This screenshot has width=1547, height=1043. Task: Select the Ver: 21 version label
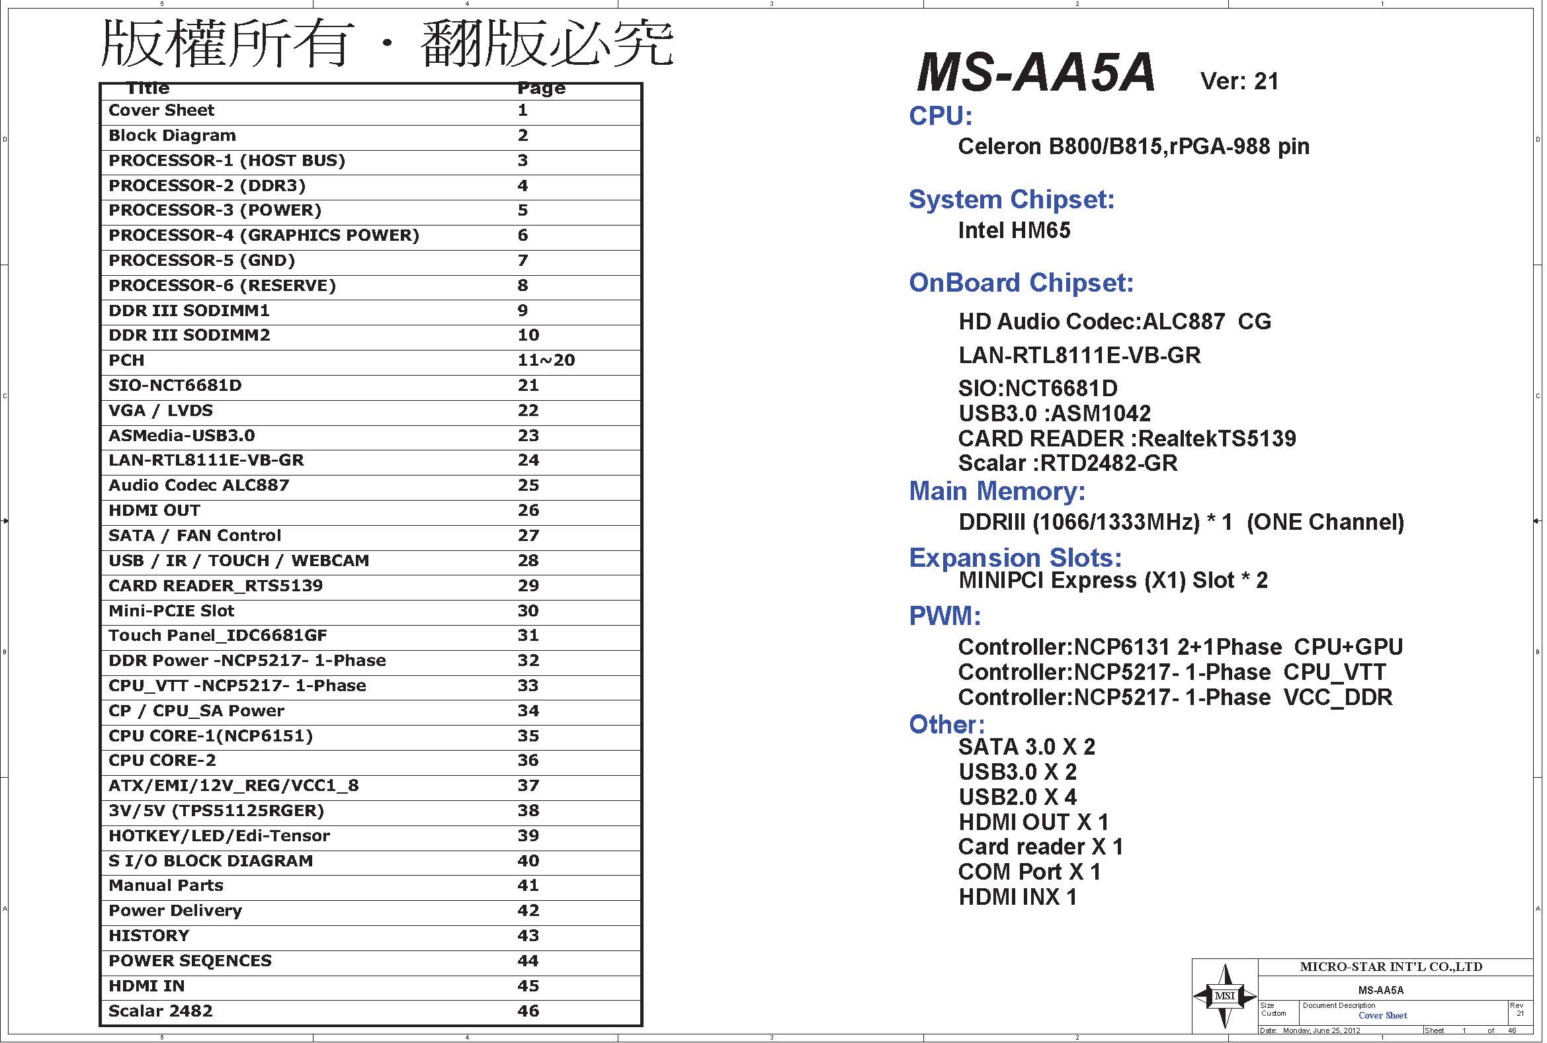pyautogui.click(x=1239, y=81)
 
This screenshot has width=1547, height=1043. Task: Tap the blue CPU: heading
pyautogui.click(x=941, y=116)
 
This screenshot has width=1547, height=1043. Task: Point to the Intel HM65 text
pyautogui.click(x=1014, y=230)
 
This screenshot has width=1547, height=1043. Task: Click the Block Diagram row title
pyautogui.click(x=171, y=136)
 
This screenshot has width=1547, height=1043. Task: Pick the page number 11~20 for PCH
pyautogui.click(x=546, y=360)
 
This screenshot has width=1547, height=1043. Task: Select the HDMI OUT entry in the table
pyautogui.click(x=153, y=511)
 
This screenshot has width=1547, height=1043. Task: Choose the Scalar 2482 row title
pyautogui.click(x=160, y=1011)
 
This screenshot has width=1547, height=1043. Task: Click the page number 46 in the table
pyautogui.click(x=528, y=1011)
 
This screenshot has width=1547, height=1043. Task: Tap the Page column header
pyautogui.click(x=542, y=89)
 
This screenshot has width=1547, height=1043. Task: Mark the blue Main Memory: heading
pyautogui.click(x=997, y=491)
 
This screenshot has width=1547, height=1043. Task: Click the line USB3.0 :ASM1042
pyautogui.click(x=1054, y=413)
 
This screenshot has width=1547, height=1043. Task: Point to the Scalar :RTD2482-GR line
pyautogui.click(x=1067, y=463)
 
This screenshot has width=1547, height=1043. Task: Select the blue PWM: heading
pyautogui.click(x=944, y=616)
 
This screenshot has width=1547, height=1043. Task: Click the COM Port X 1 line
pyautogui.click(x=1029, y=872)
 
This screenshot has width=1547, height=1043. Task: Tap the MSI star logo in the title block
pyautogui.click(x=1224, y=996)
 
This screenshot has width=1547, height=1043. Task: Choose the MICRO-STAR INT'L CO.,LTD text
pyautogui.click(x=1391, y=966)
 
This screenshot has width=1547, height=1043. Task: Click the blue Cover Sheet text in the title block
pyautogui.click(x=1382, y=1016)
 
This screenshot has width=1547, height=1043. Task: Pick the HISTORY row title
pyautogui.click(x=148, y=936)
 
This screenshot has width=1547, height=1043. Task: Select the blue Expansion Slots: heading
pyautogui.click(x=1015, y=558)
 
